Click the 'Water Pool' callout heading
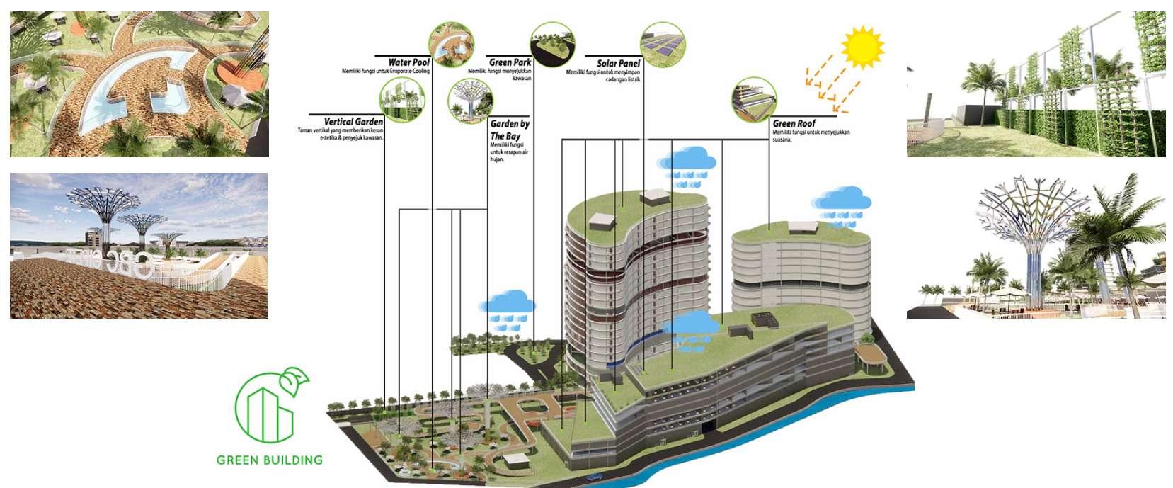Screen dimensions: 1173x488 point(409,63)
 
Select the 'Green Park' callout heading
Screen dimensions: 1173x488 point(510,63)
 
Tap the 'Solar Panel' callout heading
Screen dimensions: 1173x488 point(618,63)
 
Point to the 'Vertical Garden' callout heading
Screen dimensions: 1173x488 point(353,122)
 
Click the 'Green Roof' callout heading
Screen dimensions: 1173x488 point(794,123)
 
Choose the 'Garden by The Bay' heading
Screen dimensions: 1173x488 point(510,130)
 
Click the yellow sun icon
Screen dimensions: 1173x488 point(863,47)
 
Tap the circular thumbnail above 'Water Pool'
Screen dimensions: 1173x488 point(451,45)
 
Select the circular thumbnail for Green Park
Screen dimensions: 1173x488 point(552,44)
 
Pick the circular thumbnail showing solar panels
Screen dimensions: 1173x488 point(662,44)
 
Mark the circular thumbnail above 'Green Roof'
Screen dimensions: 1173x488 point(754,100)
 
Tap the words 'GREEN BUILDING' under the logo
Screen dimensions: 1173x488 point(270,460)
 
